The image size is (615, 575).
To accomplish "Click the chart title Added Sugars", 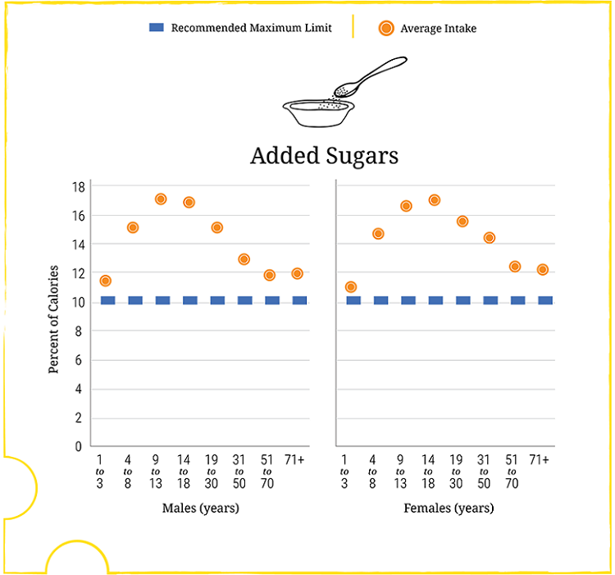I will coord(324,155).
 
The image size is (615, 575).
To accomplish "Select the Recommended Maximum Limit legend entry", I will coord(240,28).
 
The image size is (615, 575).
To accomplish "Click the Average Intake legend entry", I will coord(427,29).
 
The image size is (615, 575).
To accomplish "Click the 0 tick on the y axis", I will coord(79,447).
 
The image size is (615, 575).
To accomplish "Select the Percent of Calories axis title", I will coord(54,319).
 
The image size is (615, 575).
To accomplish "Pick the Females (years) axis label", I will coord(449,509).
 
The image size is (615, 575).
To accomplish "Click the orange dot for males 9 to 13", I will coord(161,199).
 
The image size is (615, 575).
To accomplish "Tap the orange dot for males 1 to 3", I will coord(105,281).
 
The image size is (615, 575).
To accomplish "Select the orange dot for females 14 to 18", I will coord(435,200).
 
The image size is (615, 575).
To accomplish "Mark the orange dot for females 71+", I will coord(542,270).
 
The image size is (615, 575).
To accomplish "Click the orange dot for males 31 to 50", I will coord(244,259).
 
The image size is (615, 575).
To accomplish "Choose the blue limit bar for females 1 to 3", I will coord(353,300).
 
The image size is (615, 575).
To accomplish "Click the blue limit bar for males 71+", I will coord(299,300).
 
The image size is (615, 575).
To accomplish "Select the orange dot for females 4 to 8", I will coord(378,234).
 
